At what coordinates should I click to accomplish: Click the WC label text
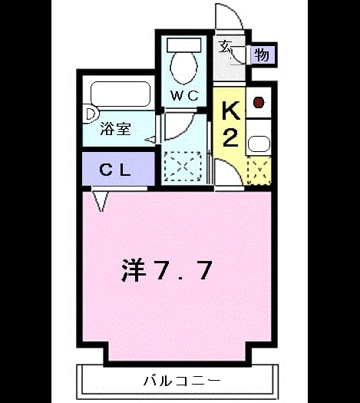[185, 96]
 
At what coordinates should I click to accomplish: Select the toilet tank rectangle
[183, 45]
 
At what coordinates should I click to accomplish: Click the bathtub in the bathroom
[121, 94]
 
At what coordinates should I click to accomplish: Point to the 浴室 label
[115, 128]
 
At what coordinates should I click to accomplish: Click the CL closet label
[115, 170]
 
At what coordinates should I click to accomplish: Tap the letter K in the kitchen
[231, 111]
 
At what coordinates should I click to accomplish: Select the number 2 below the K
[230, 137]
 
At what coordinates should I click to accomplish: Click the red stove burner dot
[259, 102]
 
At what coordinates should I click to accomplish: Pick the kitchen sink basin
[259, 144]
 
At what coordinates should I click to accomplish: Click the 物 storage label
[262, 55]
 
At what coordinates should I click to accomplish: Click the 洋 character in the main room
[134, 270]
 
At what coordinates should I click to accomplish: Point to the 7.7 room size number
[183, 270]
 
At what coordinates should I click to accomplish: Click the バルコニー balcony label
[182, 381]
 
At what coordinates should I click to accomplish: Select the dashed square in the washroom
[183, 167]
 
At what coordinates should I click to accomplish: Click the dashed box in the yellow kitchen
[259, 170]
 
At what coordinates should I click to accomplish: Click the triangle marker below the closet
[101, 201]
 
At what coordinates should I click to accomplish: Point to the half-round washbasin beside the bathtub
[91, 114]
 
